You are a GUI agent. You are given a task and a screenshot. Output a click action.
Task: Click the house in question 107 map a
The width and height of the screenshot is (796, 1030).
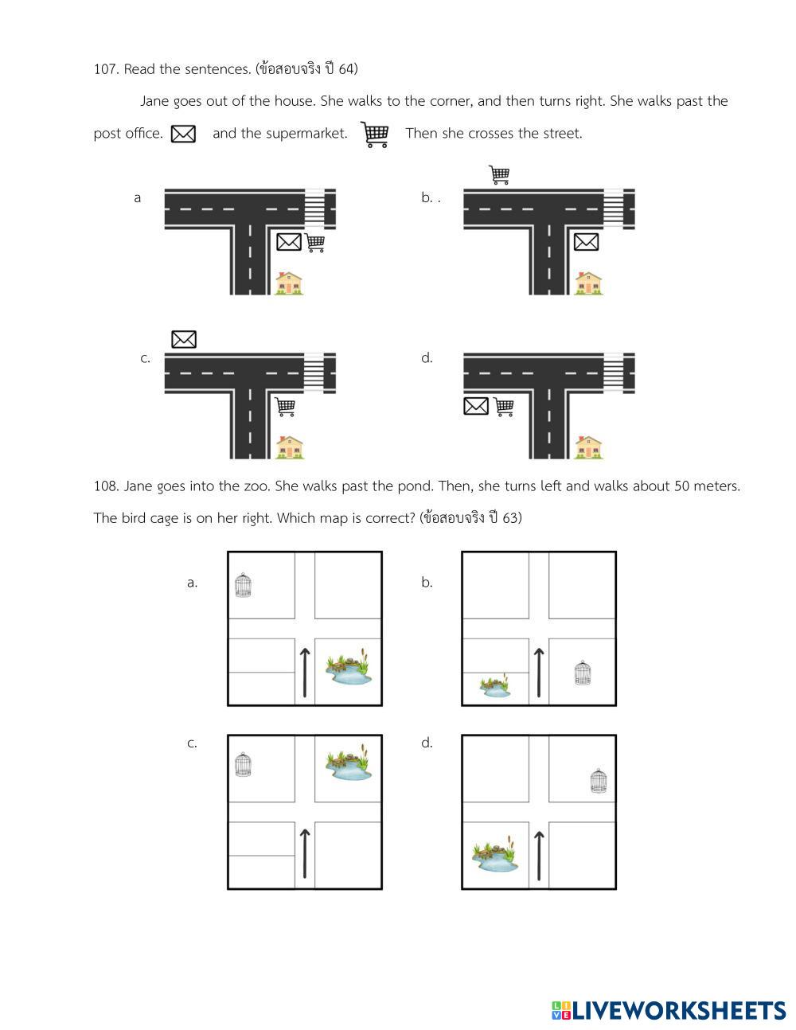(289, 283)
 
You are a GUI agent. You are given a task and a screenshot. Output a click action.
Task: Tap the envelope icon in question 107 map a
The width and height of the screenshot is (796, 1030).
(289, 242)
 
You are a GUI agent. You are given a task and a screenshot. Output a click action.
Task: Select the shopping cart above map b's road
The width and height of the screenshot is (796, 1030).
(499, 174)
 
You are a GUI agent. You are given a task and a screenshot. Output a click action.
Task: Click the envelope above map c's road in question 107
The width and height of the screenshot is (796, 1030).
(184, 339)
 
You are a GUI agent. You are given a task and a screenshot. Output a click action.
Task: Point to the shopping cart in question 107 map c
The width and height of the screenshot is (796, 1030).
(285, 407)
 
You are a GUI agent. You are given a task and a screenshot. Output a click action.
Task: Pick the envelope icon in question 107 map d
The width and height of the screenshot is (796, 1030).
(476, 406)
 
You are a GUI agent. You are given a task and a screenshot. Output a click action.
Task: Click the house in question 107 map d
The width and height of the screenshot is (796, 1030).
(588, 447)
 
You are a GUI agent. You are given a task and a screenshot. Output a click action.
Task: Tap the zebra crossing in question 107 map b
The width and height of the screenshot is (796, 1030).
(614, 209)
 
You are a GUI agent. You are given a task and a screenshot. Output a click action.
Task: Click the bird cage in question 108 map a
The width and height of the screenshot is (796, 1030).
(243, 585)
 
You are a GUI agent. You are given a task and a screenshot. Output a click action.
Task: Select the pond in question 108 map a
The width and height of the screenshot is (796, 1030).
(349, 667)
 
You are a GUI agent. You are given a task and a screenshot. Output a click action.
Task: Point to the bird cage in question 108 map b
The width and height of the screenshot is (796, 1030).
(583, 673)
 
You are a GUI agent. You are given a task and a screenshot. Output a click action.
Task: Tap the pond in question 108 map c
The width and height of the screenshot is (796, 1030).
(349, 762)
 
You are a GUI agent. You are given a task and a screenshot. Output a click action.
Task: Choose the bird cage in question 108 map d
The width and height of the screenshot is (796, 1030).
(599, 781)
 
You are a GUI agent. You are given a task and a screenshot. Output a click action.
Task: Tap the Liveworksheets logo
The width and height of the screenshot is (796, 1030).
(669, 1010)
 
